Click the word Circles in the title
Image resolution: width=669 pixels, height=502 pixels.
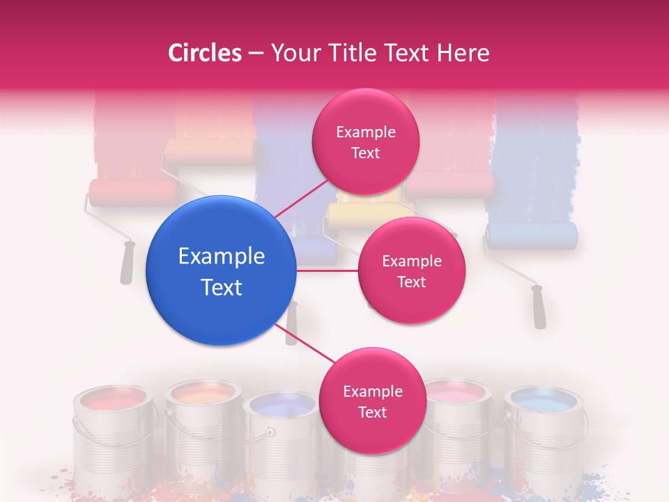(205, 53)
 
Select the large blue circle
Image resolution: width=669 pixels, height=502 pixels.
(221, 271)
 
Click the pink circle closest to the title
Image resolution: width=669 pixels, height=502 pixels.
(365, 142)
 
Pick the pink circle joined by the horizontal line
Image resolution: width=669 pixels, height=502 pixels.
(411, 271)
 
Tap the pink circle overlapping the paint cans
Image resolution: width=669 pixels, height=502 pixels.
(372, 401)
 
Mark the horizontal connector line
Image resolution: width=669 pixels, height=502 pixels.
(327, 271)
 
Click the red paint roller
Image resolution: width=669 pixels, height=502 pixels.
(132, 193)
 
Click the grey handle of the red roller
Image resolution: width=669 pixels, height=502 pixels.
(126, 263)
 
